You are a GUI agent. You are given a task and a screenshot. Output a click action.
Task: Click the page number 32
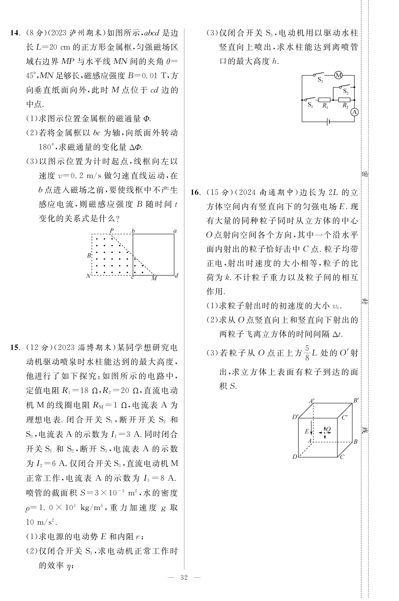pyautogui.click(x=184, y=578)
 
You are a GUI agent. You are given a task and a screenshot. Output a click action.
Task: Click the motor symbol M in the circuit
pyautogui.click(x=338, y=75)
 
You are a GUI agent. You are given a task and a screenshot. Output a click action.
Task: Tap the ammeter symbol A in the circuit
pyautogui.click(x=354, y=112)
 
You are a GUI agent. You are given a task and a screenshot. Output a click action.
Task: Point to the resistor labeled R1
pyautogui.click(x=324, y=100)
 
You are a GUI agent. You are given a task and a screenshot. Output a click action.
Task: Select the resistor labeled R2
pyautogui.click(x=344, y=100)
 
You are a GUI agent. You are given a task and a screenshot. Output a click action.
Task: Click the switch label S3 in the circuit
pyautogui.click(x=320, y=80)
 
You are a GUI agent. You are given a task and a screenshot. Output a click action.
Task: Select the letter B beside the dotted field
pyautogui.click(x=89, y=255)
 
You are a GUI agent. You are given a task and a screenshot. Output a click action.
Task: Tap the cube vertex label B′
pyautogui.click(x=356, y=401)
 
